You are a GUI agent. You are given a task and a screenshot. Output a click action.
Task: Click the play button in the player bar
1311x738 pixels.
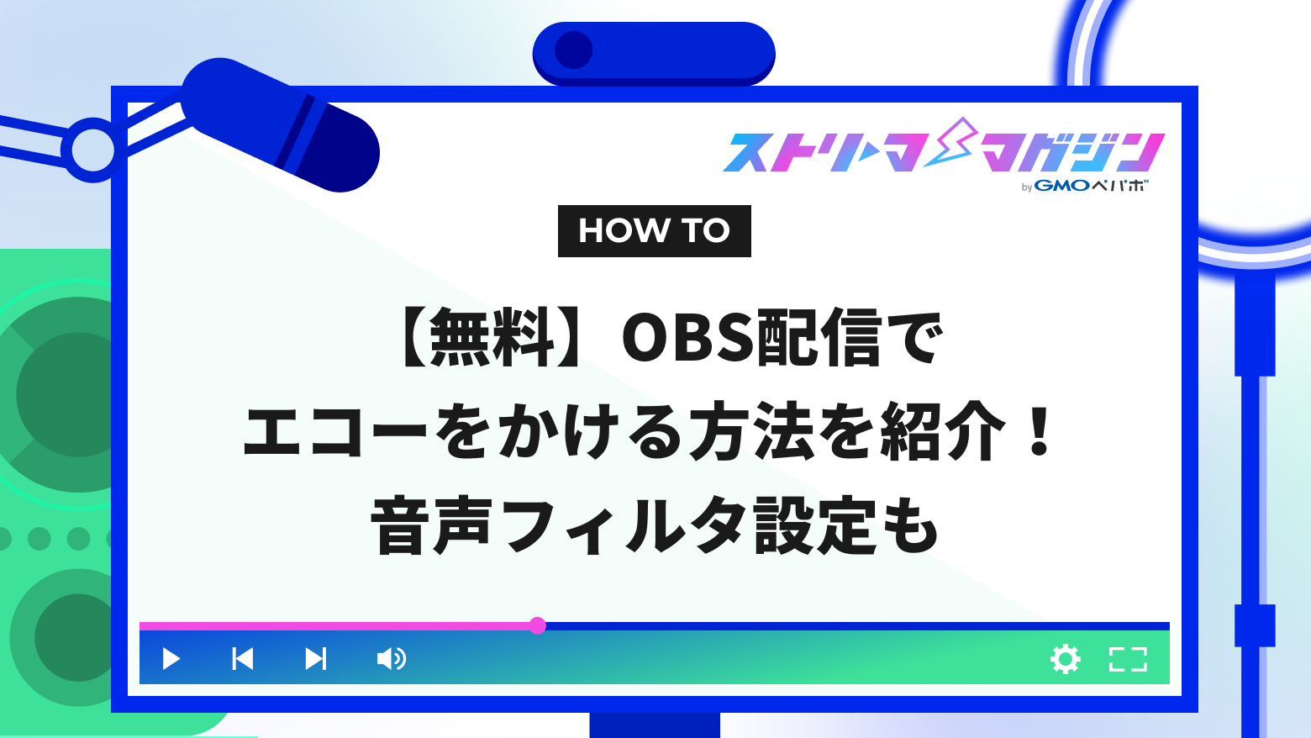click(x=171, y=658)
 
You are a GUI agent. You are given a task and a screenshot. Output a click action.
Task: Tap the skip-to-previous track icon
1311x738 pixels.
click(x=243, y=658)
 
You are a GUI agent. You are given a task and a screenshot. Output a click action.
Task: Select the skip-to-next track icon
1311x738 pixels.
click(x=316, y=658)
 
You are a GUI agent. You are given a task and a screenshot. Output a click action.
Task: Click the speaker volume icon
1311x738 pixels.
click(x=391, y=658)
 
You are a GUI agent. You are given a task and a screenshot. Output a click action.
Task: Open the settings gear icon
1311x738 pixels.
click(x=1066, y=659)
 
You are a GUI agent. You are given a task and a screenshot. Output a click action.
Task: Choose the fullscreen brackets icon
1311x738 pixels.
click(x=1128, y=659)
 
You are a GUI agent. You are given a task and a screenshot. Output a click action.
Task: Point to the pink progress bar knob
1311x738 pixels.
click(x=538, y=625)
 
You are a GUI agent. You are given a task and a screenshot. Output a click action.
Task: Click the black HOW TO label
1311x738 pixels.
click(x=654, y=231)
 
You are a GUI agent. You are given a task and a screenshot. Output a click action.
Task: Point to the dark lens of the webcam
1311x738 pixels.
click(x=574, y=50)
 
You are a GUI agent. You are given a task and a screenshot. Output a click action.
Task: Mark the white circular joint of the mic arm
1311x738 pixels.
click(x=92, y=150)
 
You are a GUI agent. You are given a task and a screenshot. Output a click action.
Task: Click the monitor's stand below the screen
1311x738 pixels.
click(x=655, y=725)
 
